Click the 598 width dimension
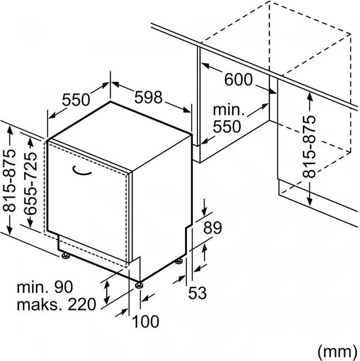pos(148,97)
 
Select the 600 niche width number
pos(238,79)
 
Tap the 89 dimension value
pos(212,228)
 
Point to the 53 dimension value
pos(197,293)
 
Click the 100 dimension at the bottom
pos(146,322)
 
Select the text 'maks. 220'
pos(56,304)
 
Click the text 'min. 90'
pos(45,287)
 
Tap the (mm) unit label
pos(337,352)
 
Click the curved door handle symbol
pos(82,171)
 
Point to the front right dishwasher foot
pos(139,285)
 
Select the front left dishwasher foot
pos(66,255)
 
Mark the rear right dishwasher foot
pos(179,261)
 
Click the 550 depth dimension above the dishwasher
pos(76,100)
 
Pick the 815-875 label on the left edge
pos(9,180)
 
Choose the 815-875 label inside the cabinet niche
pos(309,146)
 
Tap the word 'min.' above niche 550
pos(228,110)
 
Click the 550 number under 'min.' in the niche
pos(227,127)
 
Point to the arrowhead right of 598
pos(187,110)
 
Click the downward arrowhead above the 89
pos(205,212)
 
